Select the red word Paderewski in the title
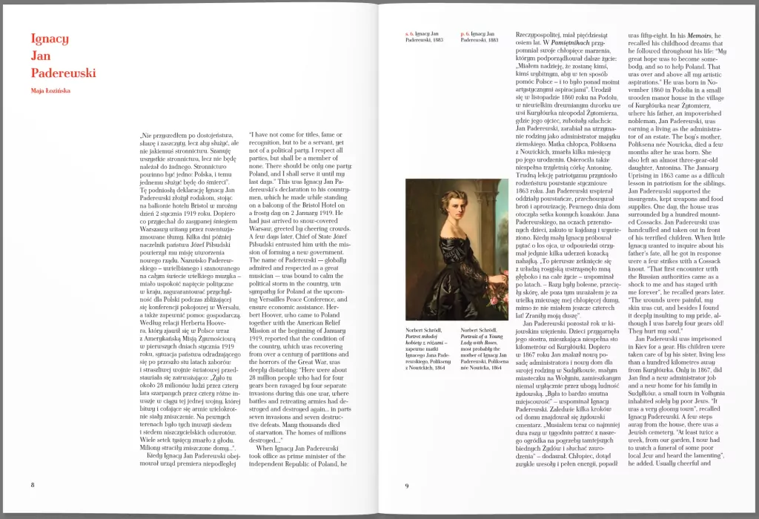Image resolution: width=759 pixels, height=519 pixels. (x=63, y=73)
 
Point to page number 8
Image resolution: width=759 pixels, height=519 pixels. (x=33, y=485)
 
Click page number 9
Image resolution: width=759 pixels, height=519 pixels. (x=407, y=486)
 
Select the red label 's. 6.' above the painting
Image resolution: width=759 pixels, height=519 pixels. (x=409, y=34)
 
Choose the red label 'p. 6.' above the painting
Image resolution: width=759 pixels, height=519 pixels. (x=465, y=34)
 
